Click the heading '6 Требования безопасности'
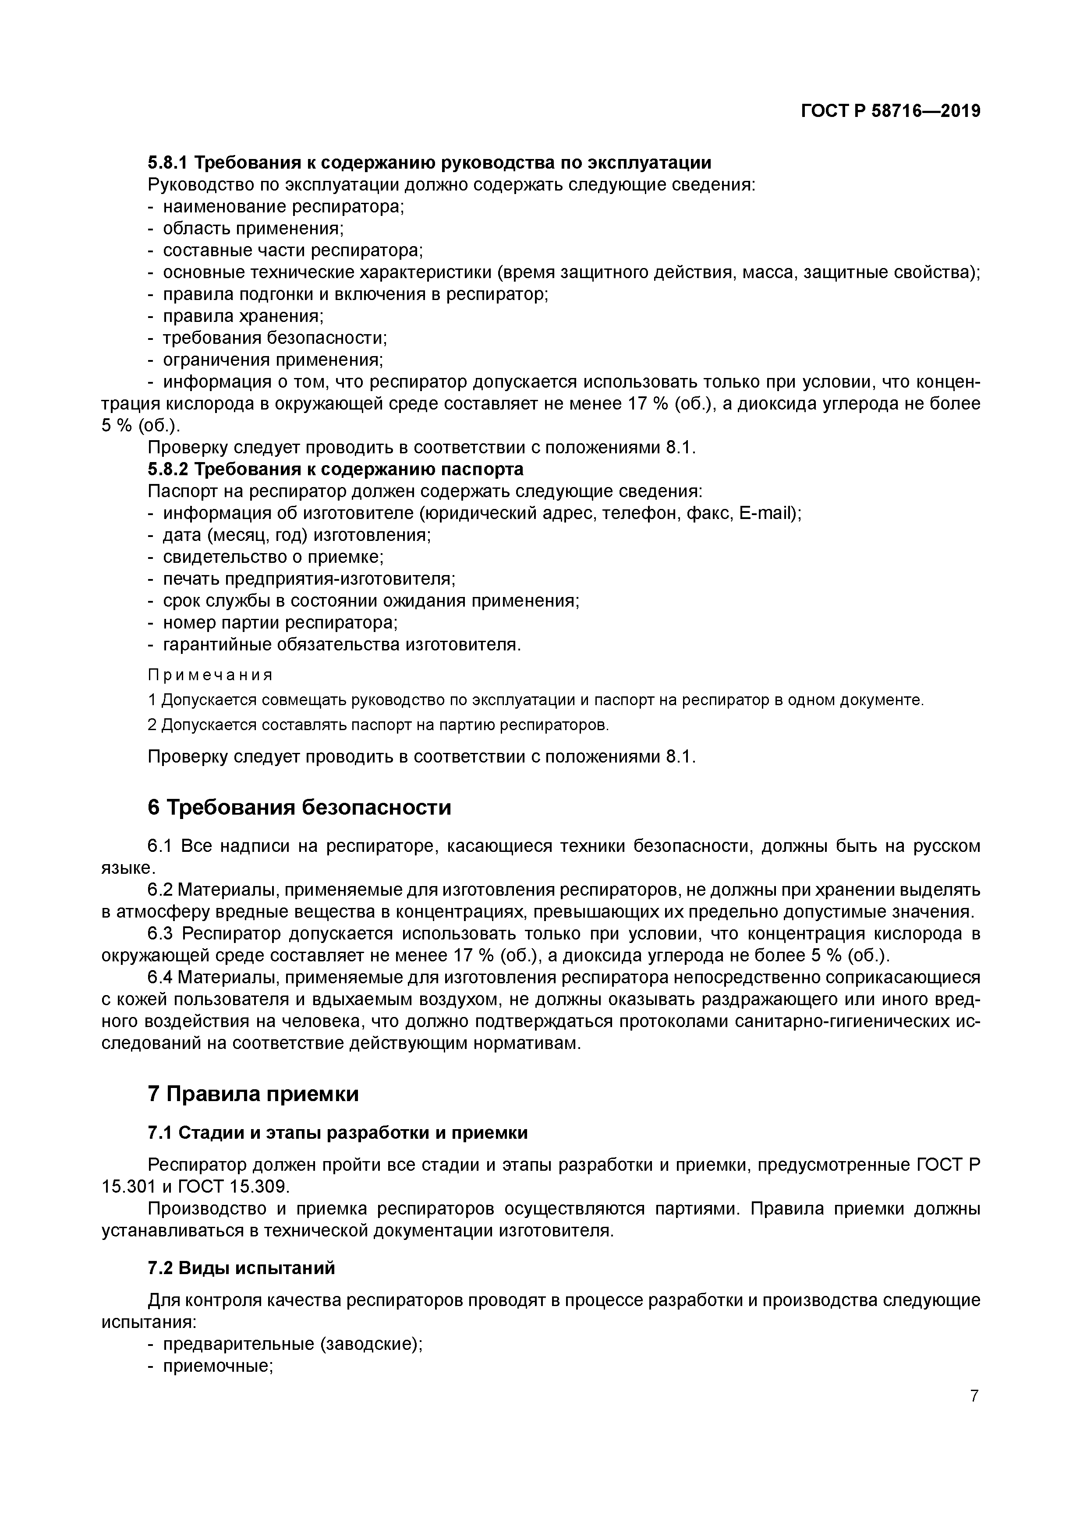point(299,808)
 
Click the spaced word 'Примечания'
point(210,674)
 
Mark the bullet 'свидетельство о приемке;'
point(273,557)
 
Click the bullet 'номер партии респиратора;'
point(280,622)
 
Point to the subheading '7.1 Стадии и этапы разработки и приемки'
point(337,1133)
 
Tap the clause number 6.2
point(161,890)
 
